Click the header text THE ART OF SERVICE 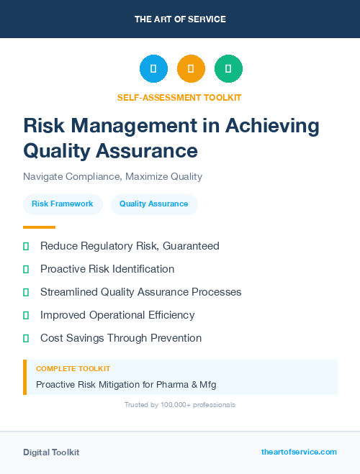[180, 19]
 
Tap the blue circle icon [153, 69]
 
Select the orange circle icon [191, 69]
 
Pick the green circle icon [228, 69]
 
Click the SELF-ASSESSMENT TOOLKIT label [179, 97]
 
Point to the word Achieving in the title [273, 126]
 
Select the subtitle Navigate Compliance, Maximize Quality [112, 176]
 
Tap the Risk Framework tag [62, 204]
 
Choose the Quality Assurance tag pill [153, 204]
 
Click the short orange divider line [39, 227]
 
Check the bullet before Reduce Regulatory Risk [26, 246]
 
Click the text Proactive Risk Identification [107, 269]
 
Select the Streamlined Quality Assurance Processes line [140, 292]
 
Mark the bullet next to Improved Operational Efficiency [26, 315]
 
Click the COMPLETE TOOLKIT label [73, 368]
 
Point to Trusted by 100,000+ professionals [180, 405]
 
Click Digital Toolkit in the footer [51, 452]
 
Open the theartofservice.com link [299, 452]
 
